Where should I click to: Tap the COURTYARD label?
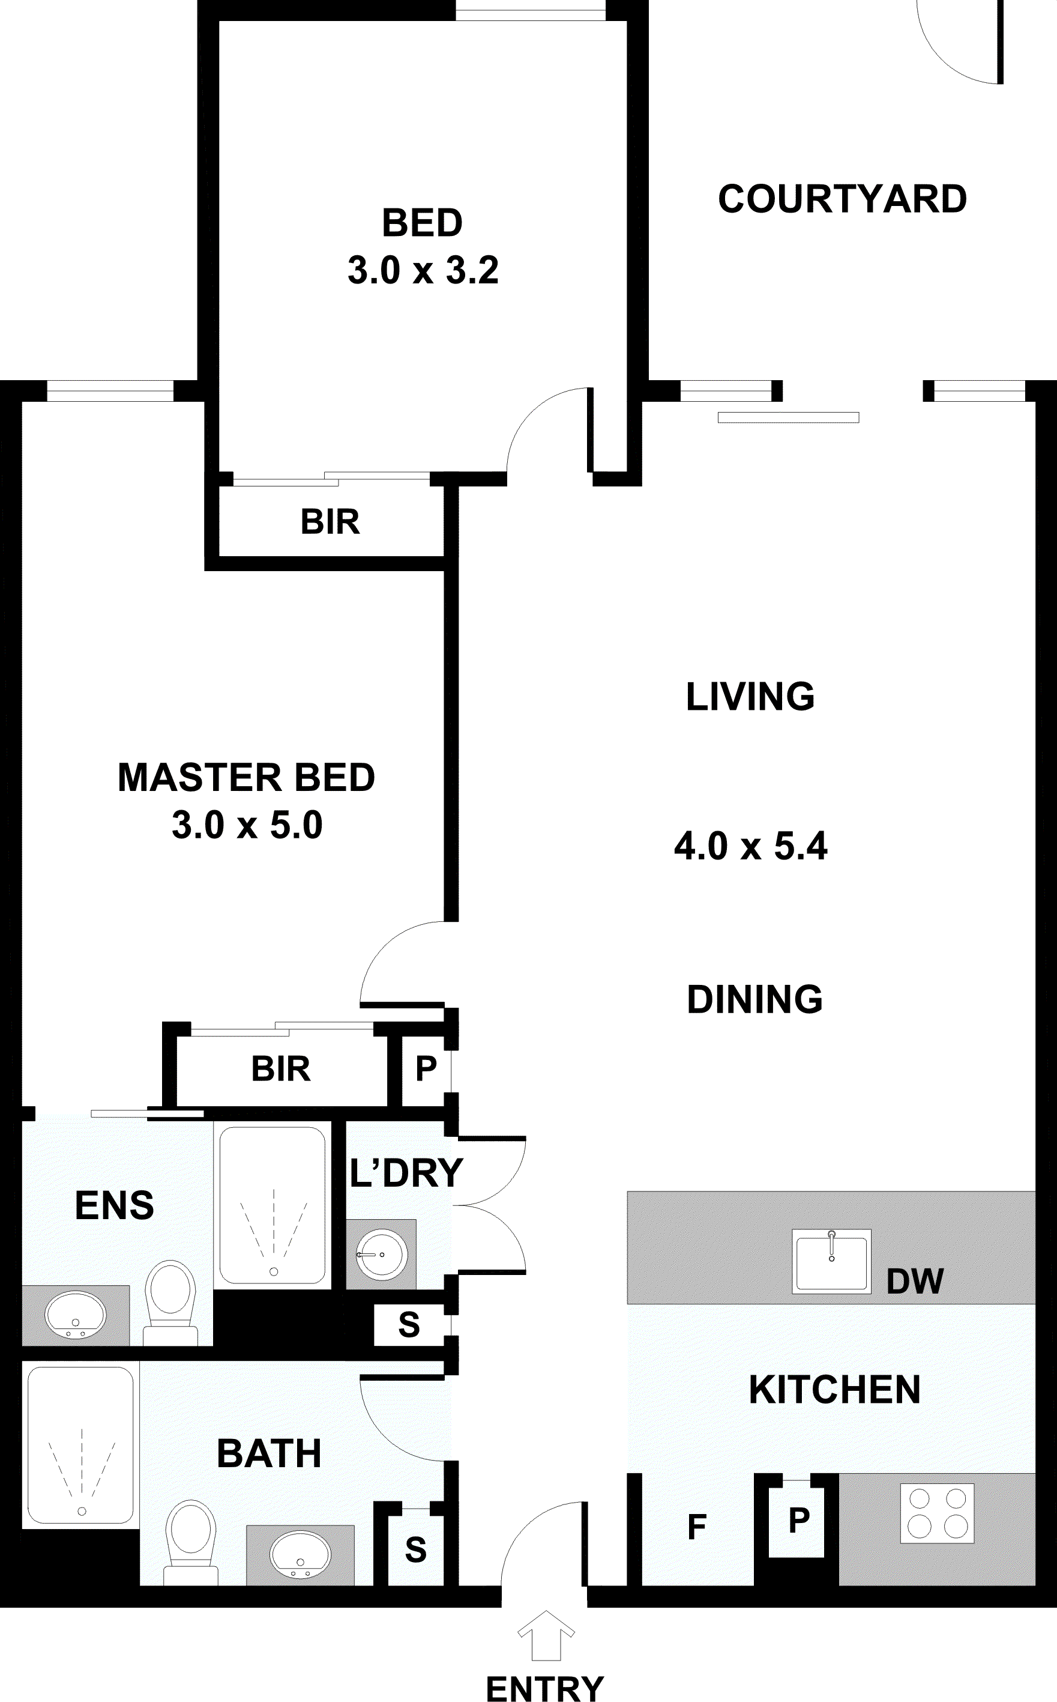click(x=842, y=199)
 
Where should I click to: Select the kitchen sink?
click(x=831, y=1261)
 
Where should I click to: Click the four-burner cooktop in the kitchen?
click(x=937, y=1513)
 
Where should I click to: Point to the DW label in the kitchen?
click(x=915, y=1281)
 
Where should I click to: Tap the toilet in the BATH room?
click(x=191, y=1542)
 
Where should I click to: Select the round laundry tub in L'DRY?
click(x=382, y=1255)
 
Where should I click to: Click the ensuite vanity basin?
click(x=76, y=1315)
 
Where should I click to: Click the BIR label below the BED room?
click(x=330, y=522)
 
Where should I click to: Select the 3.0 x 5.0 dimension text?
click(x=247, y=825)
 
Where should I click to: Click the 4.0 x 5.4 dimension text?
click(x=751, y=846)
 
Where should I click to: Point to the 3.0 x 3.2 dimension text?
click(x=423, y=270)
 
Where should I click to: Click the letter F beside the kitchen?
click(x=697, y=1527)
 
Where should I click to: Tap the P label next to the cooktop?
click(x=799, y=1519)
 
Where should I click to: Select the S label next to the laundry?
click(x=409, y=1324)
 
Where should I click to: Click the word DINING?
click(x=755, y=999)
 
